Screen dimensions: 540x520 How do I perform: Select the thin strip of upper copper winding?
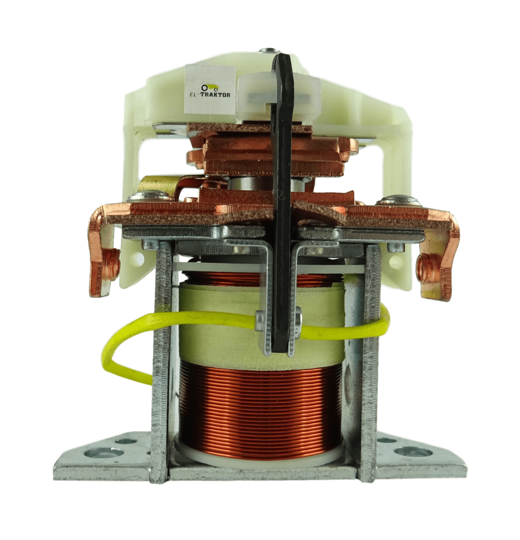point(216,279)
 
